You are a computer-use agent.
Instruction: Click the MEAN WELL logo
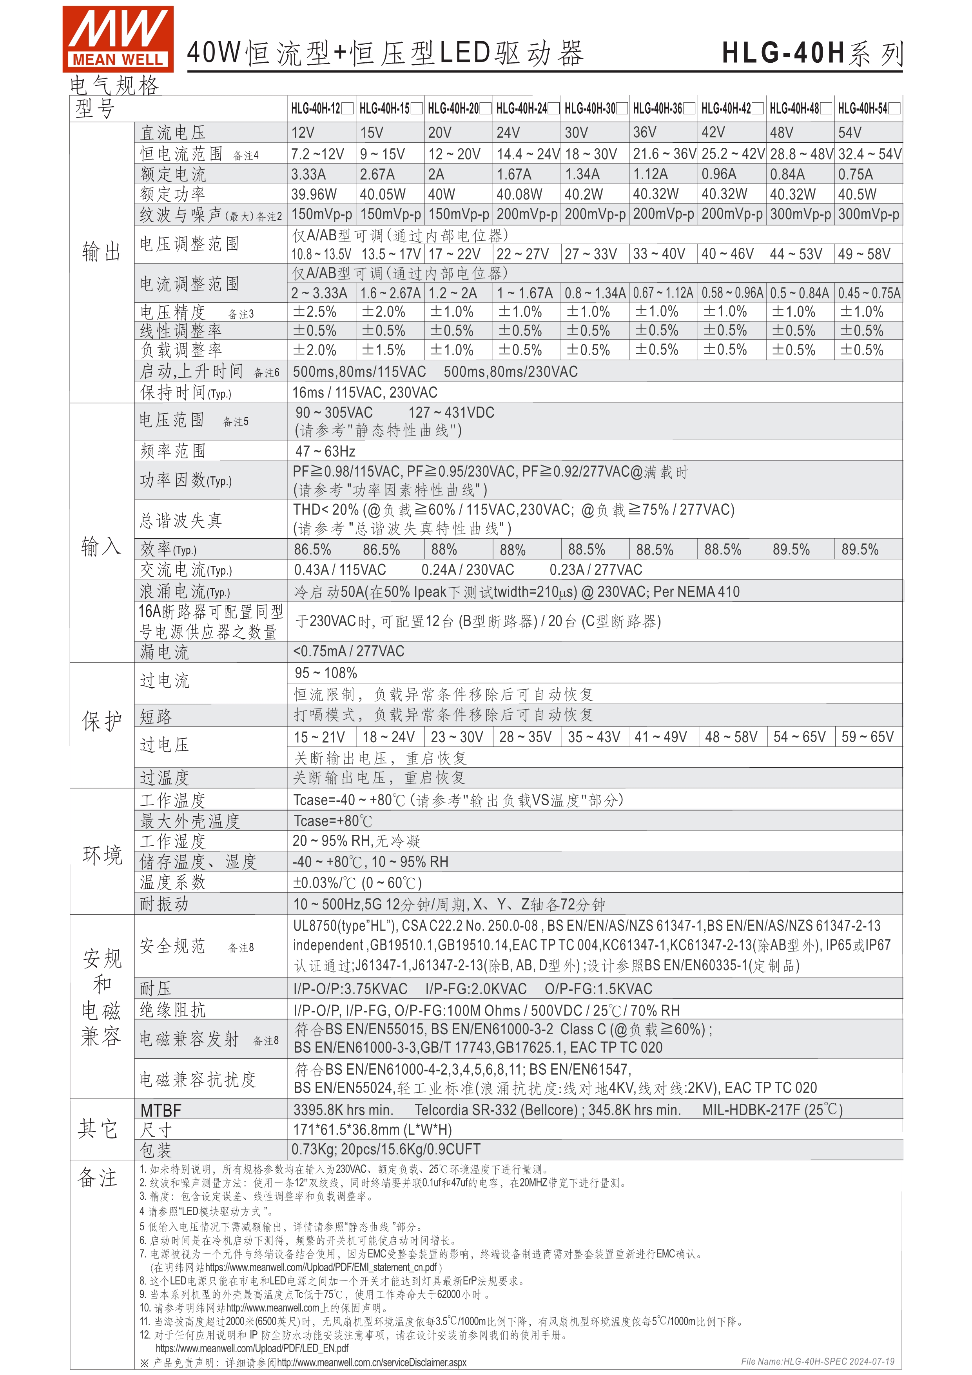pos(118,39)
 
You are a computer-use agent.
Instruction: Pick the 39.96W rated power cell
pos(314,194)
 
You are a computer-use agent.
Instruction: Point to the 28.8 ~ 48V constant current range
pos(801,154)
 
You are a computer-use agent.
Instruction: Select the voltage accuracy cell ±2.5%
pos(314,312)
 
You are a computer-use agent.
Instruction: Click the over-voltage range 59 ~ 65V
pos(867,737)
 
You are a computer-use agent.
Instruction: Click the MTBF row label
pos(160,1111)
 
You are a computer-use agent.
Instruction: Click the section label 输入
pos(101,546)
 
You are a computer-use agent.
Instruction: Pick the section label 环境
pos(102,855)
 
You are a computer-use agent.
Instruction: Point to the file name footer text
pos(818,1361)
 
